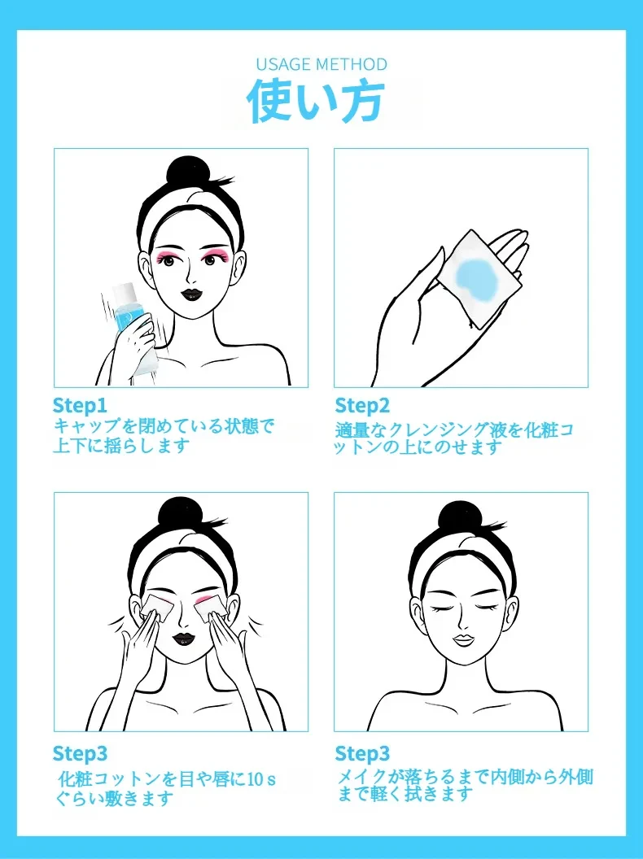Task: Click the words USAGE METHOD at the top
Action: (x=321, y=64)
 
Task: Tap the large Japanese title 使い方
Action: (x=316, y=101)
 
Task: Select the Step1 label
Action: (x=80, y=406)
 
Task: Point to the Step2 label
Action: (x=362, y=406)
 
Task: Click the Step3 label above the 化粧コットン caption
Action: (x=80, y=754)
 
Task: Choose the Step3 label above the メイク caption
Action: (x=362, y=754)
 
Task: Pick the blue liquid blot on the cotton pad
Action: (x=476, y=276)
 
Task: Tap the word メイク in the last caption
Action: (x=363, y=776)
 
